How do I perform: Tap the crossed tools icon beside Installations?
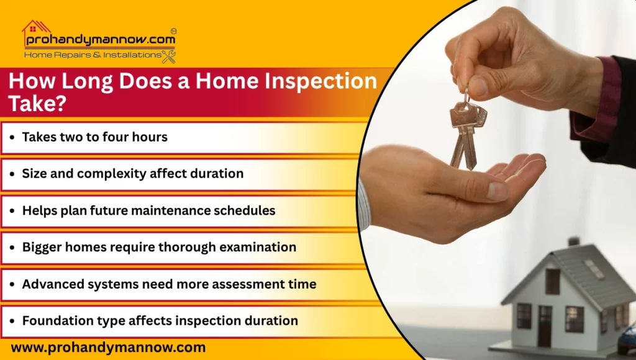tap(168, 56)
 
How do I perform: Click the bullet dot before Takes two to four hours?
tap(12, 138)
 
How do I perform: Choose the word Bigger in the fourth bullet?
tap(42, 247)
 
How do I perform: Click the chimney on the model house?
tap(573, 241)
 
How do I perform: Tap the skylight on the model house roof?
tap(594, 268)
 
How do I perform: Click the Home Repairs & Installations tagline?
tap(92, 55)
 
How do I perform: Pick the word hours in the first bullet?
tap(149, 137)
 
